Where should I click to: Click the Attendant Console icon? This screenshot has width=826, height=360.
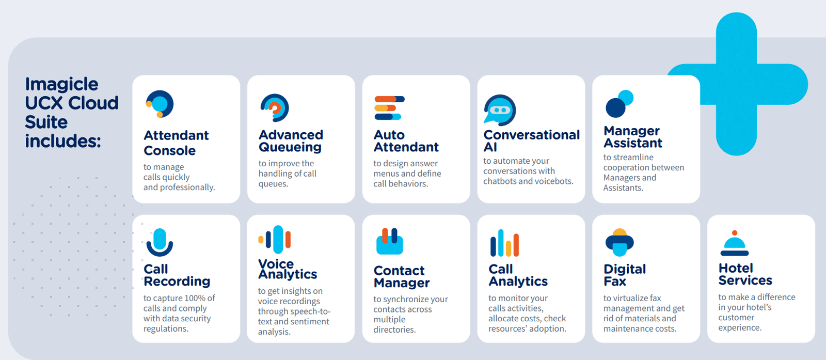pos(160,104)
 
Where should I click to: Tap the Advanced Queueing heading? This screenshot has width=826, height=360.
pos(291,140)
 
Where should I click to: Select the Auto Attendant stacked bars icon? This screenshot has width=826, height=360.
pos(389,108)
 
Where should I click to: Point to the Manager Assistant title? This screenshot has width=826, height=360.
pos(633,136)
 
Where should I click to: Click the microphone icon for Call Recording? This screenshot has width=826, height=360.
pos(160,242)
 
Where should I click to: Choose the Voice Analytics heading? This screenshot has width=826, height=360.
pos(288,269)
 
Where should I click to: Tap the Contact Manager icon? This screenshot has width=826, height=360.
pos(389,241)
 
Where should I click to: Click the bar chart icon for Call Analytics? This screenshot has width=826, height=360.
pos(504,243)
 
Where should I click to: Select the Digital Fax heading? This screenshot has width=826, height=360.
pos(625,275)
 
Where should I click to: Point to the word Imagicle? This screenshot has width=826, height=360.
pos(61,85)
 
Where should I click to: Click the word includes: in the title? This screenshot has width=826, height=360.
pos(63,141)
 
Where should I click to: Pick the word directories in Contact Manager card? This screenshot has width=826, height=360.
pos(394,330)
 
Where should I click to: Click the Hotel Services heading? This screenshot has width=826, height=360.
pos(745,274)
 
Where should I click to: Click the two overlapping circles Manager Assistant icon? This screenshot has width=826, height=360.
pos(619,104)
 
